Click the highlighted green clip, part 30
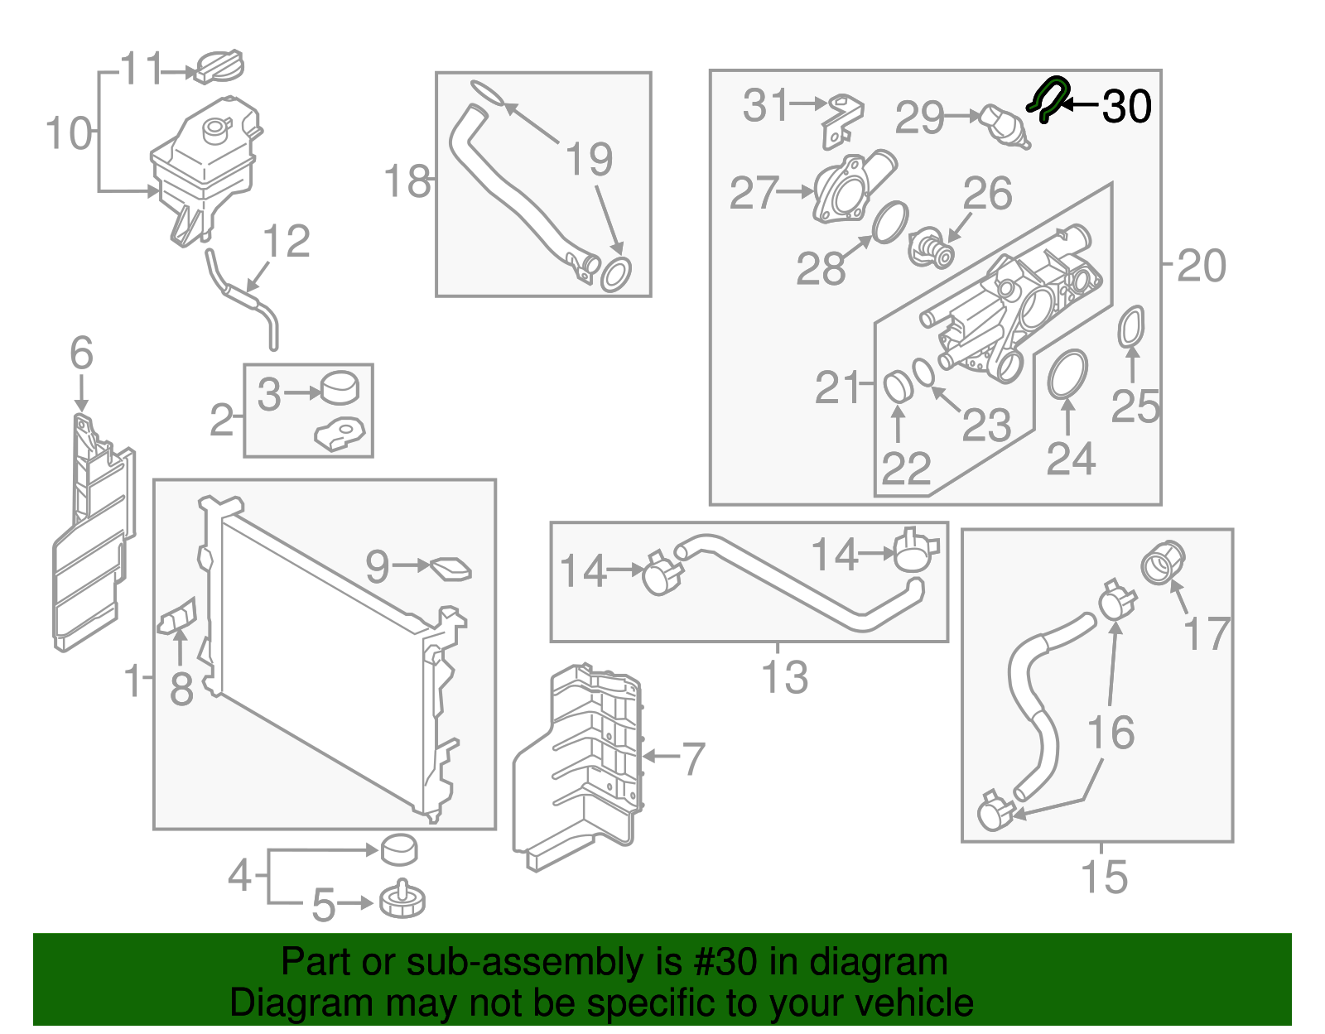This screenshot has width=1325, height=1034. coord(1048,98)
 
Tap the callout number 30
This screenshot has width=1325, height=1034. coord(1126,107)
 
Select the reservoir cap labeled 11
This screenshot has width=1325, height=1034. coord(219,66)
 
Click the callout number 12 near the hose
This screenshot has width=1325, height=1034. coord(286,242)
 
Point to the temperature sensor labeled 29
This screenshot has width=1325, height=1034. coord(1003,125)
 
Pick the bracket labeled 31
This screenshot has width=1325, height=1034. coord(843,120)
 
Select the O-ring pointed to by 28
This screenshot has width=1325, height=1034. coord(889,222)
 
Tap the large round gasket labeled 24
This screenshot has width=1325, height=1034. coord(1067,374)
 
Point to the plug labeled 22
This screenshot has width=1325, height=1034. coord(898,387)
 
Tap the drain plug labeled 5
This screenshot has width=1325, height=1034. coord(402,900)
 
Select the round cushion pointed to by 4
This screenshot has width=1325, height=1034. coord(398,849)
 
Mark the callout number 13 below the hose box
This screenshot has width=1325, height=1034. coord(783,677)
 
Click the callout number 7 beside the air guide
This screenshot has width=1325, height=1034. coord(692,758)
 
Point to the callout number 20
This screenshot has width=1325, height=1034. coord(1201,266)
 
